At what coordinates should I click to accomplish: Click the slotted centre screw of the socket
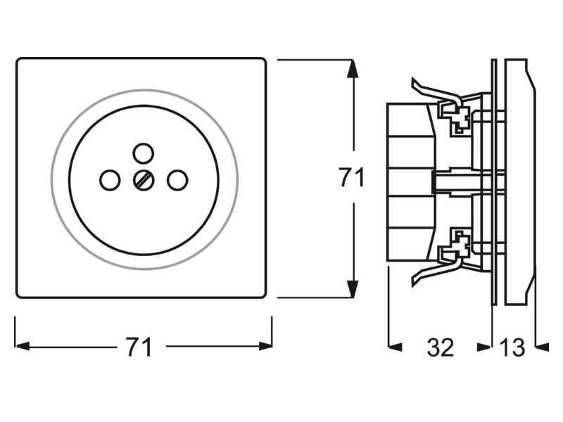pyautogui.click(x=144, y=180)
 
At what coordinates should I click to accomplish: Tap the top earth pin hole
pyautogui.click(x=144, y=153)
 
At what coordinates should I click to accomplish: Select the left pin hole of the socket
pyautogui.click(x=110, y=180)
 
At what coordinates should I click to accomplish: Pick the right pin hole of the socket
pyautogui.click(x=177, y=180)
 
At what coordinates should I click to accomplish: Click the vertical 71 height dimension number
pyautogui.click(x=352, y=177)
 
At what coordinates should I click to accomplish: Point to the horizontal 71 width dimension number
pyautogui.click(x=139, y=347)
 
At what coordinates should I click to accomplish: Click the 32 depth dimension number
pyautogui.click(x=441, y=347)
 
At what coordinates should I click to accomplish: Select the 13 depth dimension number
pyautogui.click(x=512, y=347)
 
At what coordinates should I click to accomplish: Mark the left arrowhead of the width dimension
pyautogui.click(x=22, y=346)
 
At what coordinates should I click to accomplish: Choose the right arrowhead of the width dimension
pyautogui.click(x=265, y=346)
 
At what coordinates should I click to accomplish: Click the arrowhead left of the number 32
pyautogui.click(x=396, y=347)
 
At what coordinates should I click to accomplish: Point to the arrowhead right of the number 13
pyautogui.click(x=542, y=347)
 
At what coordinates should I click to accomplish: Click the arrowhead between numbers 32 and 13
pyautogui.click(x=483, y=347)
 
